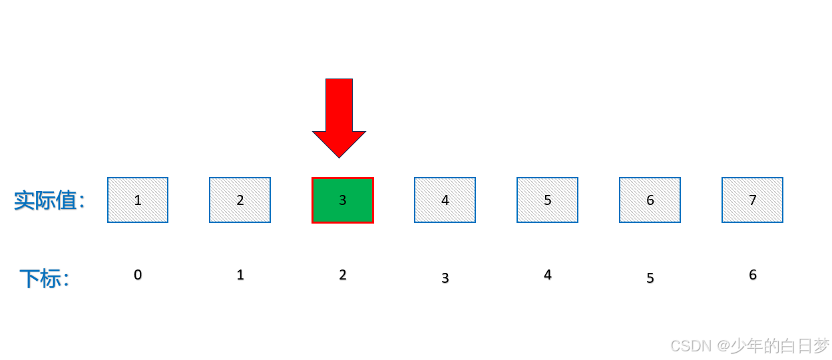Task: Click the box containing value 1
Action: (138, 200)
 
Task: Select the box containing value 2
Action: (240, 200)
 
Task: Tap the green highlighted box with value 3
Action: (343, 200)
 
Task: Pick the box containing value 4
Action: (445, 200)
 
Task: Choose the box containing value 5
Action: (547, 200)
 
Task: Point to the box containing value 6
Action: (650, 200)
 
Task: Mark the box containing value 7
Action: (752, 200)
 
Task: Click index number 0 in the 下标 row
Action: (138, 275)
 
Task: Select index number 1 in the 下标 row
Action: (240, 275)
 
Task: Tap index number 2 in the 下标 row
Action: (343, 275)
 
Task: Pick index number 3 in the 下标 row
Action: (445, 278)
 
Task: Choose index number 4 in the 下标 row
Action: (548, 275)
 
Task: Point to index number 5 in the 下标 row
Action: (650, 278)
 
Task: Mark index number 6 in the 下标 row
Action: (753, 275)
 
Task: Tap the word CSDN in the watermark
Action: (691, 346)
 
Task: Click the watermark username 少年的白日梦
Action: (780, 346)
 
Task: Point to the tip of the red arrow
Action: (339, 157)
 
